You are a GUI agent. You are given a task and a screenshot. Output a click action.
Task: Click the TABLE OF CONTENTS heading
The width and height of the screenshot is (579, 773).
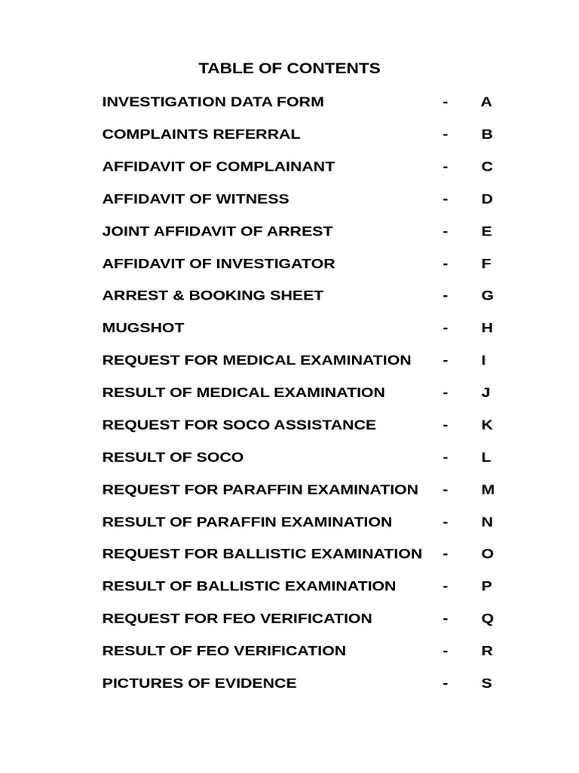pos(289,69)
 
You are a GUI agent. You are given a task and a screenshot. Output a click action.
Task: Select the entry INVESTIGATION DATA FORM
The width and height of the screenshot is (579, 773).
pos(213,102)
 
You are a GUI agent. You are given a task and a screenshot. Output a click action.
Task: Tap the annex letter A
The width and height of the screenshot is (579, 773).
pos(486,102)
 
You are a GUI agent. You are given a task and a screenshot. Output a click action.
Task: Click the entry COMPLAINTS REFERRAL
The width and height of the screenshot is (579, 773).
pos(201,134)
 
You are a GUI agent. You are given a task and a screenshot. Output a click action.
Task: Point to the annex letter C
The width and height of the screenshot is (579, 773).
pos(486,167)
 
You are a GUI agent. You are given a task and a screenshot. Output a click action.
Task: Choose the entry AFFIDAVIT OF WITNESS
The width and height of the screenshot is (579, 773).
pos(195,199)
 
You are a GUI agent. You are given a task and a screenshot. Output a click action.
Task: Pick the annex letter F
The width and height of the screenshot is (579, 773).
pos(486,263)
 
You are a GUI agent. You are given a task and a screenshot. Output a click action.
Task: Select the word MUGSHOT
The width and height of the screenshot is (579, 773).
pos(143,328)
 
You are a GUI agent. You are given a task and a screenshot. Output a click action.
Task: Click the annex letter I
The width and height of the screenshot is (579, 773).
pos(484,361)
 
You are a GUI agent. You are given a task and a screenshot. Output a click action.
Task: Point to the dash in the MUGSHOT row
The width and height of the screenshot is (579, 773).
pos(446,328)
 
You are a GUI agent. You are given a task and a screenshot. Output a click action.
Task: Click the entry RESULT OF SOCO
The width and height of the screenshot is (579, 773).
pos(173,457)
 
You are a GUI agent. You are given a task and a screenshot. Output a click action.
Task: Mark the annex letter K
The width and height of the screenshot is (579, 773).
pos(486,425)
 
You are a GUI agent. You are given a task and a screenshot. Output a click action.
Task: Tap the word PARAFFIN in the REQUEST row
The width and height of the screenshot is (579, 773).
pos(259,490)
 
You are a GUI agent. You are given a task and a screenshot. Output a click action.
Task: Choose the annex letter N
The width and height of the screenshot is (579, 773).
pos(486,522)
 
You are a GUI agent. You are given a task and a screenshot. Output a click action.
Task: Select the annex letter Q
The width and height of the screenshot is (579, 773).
pos(486,619)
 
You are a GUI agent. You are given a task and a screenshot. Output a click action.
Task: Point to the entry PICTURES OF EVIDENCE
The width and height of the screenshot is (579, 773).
pos(199,683)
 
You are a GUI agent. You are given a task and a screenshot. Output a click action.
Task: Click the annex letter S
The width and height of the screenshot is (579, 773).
pos(486,683)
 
